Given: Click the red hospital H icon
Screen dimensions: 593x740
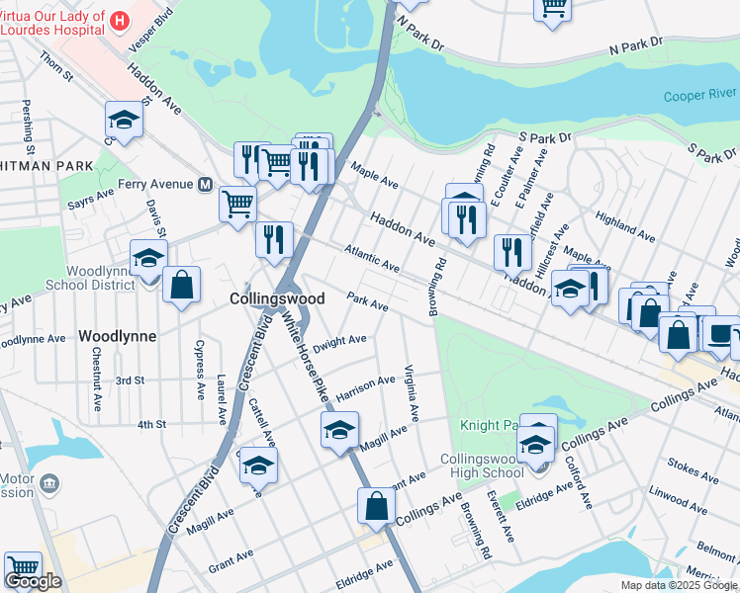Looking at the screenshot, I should pos(120,20).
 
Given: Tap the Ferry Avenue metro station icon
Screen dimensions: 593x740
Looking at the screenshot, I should pos(206,185).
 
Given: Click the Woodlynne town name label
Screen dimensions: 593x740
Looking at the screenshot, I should pos(117,336).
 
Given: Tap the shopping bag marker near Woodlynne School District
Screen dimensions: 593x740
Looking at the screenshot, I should pos(182,286).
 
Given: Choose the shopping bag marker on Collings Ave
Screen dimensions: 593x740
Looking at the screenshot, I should pos(377,506).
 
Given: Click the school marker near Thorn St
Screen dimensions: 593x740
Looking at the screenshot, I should pos(124,119).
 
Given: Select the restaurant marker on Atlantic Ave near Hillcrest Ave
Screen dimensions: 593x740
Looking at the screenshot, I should pos(511,252).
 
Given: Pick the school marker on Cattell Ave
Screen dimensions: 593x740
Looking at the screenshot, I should pos(258,465).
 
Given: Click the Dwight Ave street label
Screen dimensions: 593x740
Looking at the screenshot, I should pos(339,343).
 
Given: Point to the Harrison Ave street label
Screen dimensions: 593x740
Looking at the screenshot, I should pos(365,386).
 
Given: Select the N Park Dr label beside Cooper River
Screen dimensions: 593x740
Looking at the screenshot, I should pos(635,44).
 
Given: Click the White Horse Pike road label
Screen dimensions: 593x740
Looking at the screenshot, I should pos(307,357).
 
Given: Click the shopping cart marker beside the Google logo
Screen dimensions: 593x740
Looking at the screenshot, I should pos(23,568).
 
